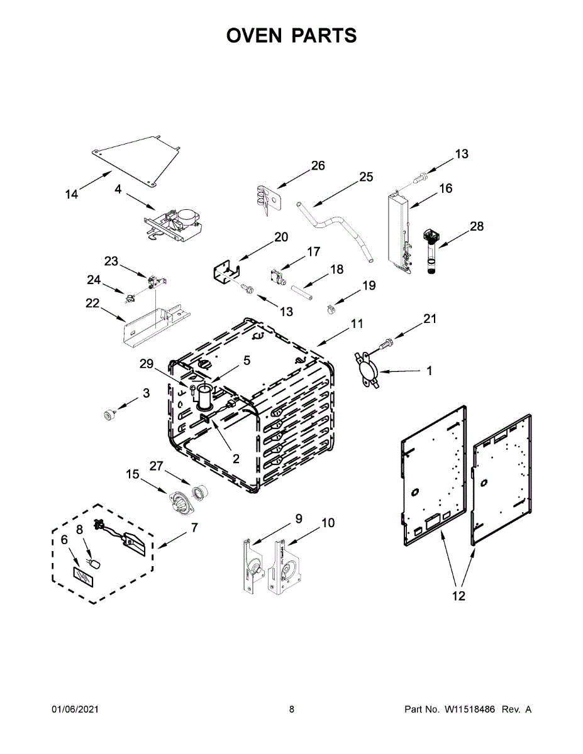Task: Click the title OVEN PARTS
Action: [291, 36]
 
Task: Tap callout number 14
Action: [72, 194]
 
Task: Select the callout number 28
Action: [477, 226]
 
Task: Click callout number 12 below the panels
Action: [459, 596]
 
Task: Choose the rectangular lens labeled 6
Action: [82, 575]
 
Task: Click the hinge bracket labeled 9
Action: [253, 565]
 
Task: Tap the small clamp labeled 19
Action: [329, 309]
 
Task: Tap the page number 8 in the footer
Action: [292, 709]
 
